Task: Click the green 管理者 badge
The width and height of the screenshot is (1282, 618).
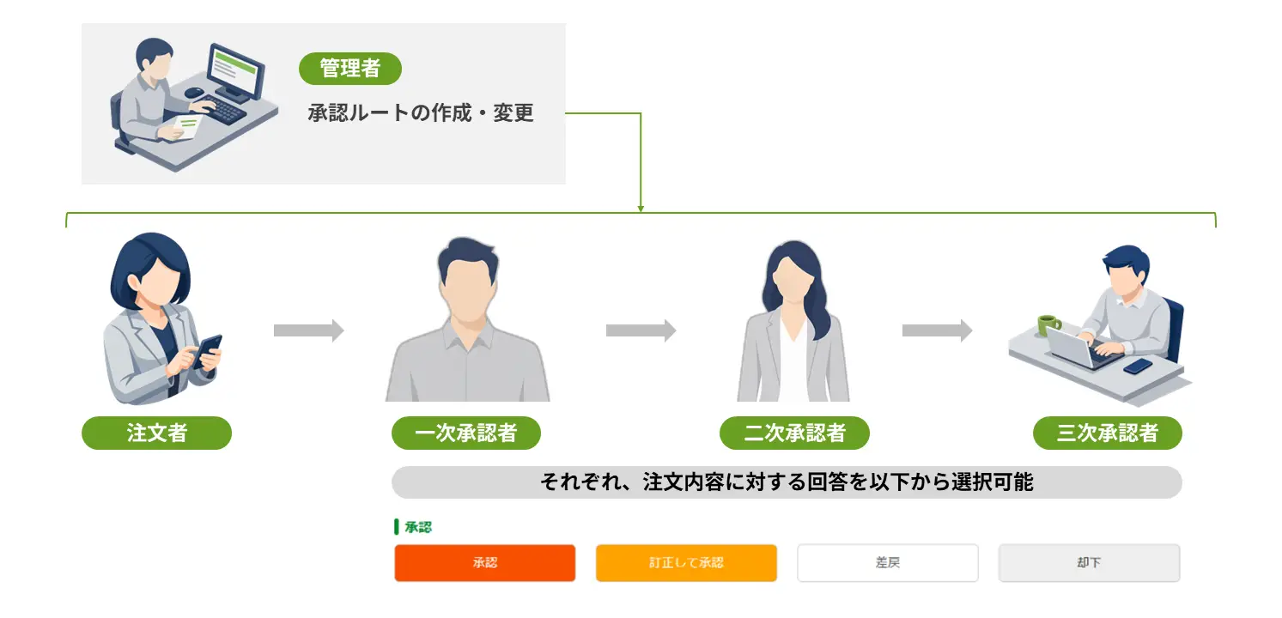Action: pos(349,69)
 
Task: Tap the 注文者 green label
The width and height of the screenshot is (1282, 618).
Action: pos(156,433)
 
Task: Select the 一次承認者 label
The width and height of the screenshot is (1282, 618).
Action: pos(466,433)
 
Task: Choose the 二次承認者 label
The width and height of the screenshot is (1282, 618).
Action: pos(794,433)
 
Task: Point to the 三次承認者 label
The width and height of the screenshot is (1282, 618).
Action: pos(1108,433)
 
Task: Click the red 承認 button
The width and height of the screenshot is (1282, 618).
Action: pos(485,563)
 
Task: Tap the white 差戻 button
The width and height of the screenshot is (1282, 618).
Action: pos(888,563)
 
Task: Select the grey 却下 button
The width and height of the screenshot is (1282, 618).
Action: pos(1089,563)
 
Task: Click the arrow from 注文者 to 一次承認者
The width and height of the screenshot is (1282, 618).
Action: pos(309,330)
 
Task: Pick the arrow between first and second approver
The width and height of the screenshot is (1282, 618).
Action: pos(641,330)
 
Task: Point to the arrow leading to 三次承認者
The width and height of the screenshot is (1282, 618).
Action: pos(938,330)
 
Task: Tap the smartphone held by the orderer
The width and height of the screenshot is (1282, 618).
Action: pos(208,350)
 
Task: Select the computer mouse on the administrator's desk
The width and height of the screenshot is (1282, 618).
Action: pos(193,92)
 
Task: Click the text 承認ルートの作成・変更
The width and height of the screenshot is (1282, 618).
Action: pos(421,112)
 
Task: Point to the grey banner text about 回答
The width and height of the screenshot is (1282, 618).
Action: pos(787,482)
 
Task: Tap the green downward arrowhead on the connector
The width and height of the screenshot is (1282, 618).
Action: pos(641,209)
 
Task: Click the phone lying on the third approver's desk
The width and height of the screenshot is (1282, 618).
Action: pos(1137,367)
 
